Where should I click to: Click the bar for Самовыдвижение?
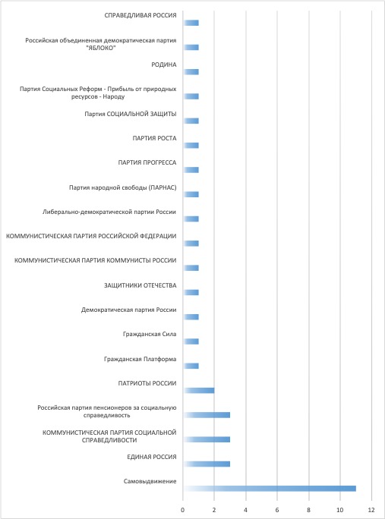(270, 489)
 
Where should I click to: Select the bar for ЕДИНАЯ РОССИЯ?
(207, 464)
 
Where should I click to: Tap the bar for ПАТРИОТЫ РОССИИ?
(198, 391)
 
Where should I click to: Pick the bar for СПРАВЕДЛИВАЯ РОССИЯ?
(191, 23)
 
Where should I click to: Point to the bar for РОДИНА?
(191, 72)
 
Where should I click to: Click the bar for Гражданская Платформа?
(191, 366)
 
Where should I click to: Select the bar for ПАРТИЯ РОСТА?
(191, 146)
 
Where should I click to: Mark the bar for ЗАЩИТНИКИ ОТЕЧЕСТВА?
(191, 293)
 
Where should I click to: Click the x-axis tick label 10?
(340, 510)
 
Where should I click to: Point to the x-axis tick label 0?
(182, 510)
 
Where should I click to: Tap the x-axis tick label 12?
(371, 510)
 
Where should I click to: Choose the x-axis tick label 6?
(277, 510)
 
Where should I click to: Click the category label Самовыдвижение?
(150, 481)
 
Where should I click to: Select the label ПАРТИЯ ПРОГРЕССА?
(147, 162)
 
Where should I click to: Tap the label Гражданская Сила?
(150, 335)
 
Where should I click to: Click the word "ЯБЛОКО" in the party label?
(101, 49)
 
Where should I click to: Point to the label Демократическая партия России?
(128, 310)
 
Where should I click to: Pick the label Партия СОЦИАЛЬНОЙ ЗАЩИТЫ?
(130, 114)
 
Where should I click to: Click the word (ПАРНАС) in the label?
(163, 187)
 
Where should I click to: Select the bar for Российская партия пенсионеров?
(207, 415)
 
